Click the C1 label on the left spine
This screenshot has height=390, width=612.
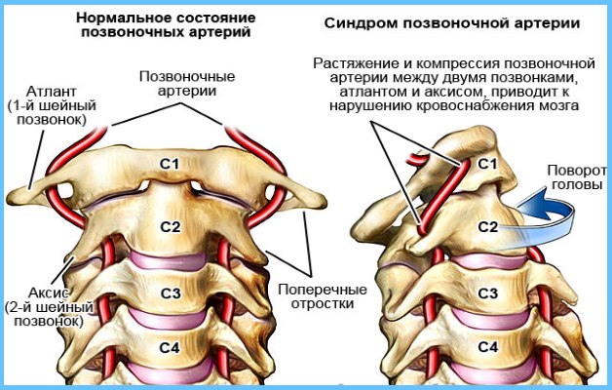pyautogui.click(x=170, y=164)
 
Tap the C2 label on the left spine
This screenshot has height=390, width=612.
pyautogui.click(x=171, y=227)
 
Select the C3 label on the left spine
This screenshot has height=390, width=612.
pyautogui.click(x=171, y=293)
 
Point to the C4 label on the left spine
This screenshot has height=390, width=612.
pyautogui.click(x=170, y=347)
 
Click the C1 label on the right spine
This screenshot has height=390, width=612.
pyautogui.click(x=487, y=164)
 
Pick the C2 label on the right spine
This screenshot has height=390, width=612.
pyautogui.click(x=488, y=227)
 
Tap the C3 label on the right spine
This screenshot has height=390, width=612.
pyautogui.click(x=488, y=293)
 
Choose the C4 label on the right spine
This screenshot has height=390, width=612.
pyautogui.click(x=488, y=346)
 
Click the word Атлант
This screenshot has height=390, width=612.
pyautogui.click(x=51, y=92)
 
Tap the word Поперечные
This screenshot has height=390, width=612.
pyautogui.click(x=323, y=290)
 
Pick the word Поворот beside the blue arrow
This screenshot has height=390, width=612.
pyautogui.click(x=577, y=171)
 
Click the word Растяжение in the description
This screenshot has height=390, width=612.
pyautogui.click(x=358, y=63)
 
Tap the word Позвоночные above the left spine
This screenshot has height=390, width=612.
pyautogui.click(x=187, y=76)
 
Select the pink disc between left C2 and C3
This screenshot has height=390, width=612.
pyautogui.click(x=169, y=259)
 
